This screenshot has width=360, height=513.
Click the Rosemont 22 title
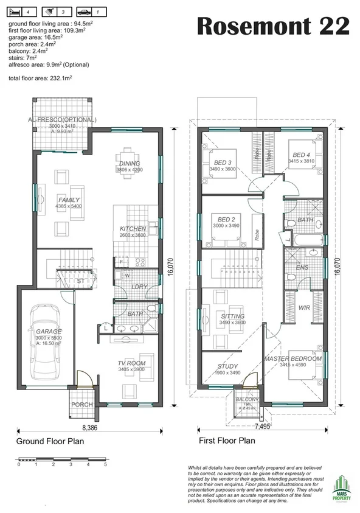pos(274,27)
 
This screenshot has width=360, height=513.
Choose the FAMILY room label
pos(68,200)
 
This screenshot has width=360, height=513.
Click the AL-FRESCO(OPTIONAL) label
pos(61,120)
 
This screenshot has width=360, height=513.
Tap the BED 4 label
pos(300,155)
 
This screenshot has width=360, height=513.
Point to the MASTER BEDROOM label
pos(292,359)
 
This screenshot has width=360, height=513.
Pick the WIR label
pos(304,308)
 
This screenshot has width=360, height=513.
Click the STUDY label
pos(227,366)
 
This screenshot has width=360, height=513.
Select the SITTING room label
pos(232,316)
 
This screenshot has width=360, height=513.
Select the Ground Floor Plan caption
pos(50,441)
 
